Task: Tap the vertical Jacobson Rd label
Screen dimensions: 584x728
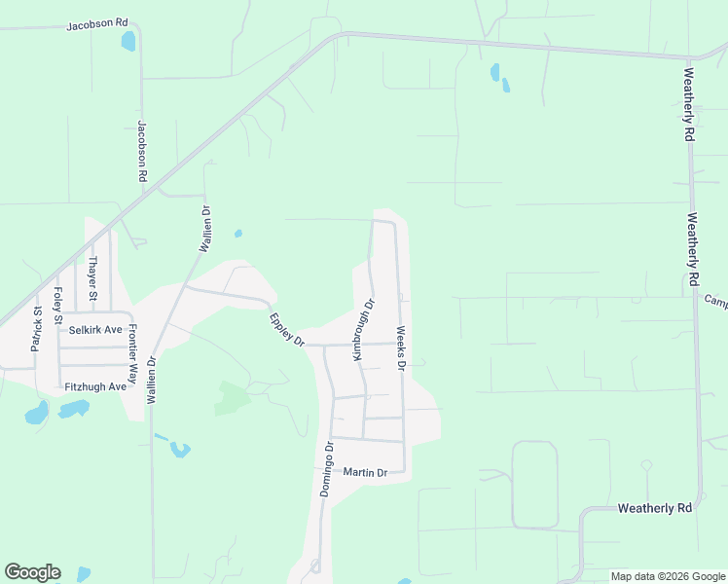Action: coord(142,152)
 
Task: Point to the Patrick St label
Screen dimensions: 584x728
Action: coord(36,329)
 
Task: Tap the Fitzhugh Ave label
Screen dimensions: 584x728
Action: coord(95,386)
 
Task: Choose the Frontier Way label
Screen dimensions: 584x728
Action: coord(133,355)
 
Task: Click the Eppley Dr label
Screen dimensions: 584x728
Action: coord(287,329)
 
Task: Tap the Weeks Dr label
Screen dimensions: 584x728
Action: coord(400,347)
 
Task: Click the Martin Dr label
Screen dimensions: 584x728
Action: coord(365,473)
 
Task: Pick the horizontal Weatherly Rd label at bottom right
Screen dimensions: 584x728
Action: coord(654,508)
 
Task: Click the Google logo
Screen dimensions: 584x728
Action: coord(32,572)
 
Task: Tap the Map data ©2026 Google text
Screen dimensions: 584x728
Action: coord(668,576)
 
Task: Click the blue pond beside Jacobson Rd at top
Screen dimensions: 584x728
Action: coord(127,42)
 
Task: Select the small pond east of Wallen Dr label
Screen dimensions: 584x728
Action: coord(238,234)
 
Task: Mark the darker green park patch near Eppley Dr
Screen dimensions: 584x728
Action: coord(232,396)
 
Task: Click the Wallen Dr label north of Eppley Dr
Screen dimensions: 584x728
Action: coord(205,230)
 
